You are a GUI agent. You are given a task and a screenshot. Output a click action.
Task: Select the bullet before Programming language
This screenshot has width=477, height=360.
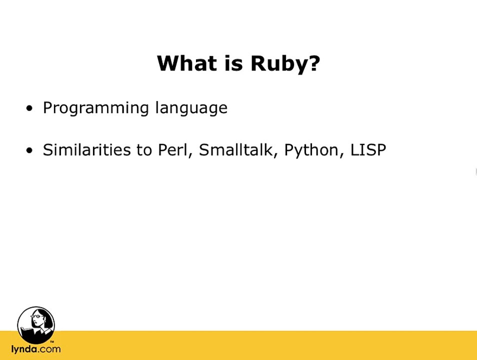30,108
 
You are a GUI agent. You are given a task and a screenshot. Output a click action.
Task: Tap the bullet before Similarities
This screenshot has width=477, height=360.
30,150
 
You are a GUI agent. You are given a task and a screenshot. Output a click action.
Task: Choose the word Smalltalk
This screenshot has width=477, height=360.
236,150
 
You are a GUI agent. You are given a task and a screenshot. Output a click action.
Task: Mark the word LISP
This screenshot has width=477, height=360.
368,150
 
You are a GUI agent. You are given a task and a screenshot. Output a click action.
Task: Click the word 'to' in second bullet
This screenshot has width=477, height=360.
144,150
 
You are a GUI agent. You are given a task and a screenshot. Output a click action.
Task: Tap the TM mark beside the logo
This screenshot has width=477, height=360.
52,342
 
